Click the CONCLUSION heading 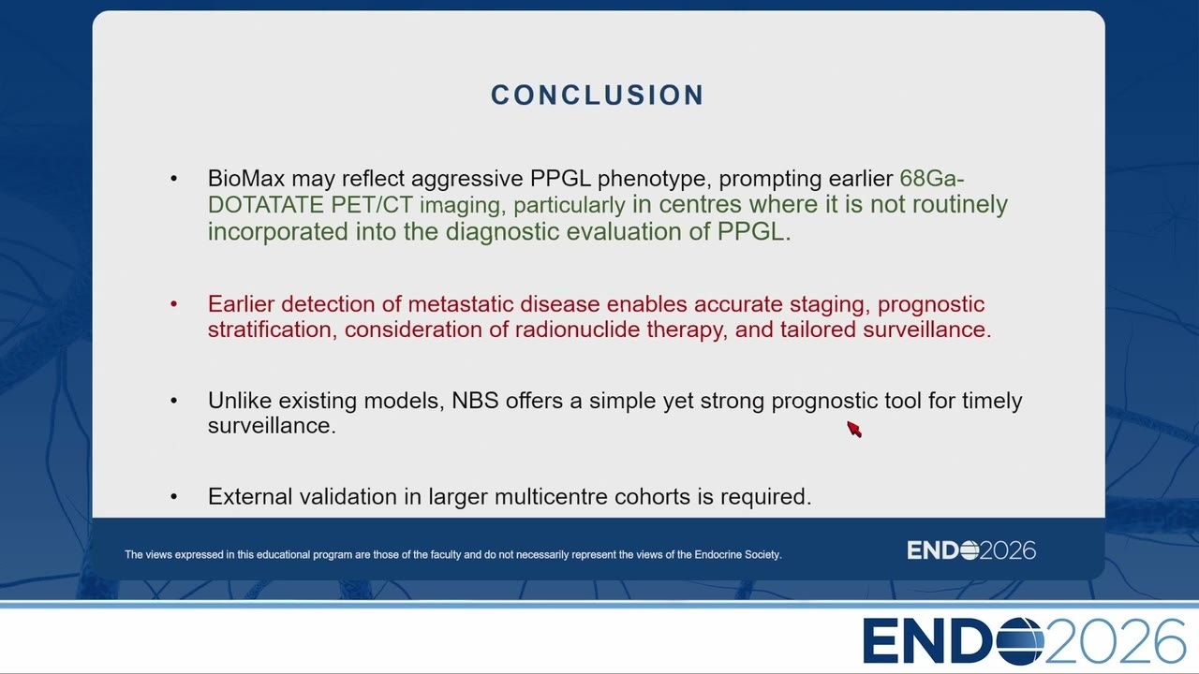pos(598,95)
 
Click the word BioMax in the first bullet pos(246,178)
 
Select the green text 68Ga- pos(932,178)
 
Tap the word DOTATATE pos(265,205)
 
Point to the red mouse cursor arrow pos(854,429)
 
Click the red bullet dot pos(173,304)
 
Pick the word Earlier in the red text pos(241,304)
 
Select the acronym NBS pos(475,401)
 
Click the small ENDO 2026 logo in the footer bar pos(971,550)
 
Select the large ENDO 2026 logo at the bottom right pos(1024,641)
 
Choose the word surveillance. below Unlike pos(272,426)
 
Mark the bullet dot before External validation pos(173,497)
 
